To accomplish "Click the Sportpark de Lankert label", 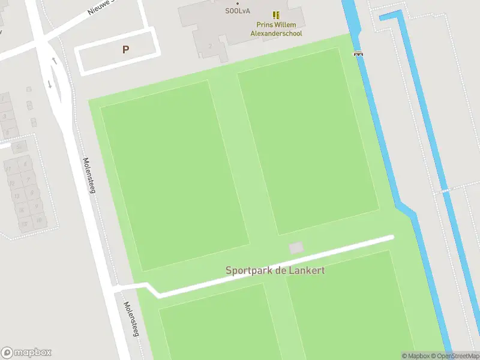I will coord(275,270).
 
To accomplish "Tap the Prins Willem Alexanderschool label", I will coord(276,29).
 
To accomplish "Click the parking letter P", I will coord(125,50).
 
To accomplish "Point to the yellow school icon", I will coord(276,14).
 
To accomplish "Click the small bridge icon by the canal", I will coord(359,53).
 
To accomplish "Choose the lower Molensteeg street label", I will coord(131,319).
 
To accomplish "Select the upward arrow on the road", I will coord(55,61).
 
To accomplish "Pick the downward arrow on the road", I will coord(50,83).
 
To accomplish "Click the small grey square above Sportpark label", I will coord(296,247).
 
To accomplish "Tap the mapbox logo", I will coord(26,353).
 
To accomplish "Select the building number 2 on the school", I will coord(210,46).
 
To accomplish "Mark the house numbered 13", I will coord(17,195).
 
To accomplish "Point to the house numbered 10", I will coord(39,220).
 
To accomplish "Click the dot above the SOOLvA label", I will coord(238,3).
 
